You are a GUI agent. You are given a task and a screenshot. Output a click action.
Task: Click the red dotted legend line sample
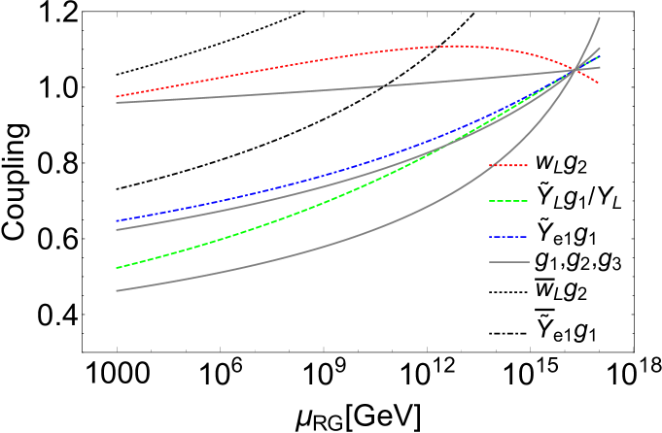tap(508, 166)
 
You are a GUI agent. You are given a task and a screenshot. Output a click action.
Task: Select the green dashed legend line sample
tap(508, 201)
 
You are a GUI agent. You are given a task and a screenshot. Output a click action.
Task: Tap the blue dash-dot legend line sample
tap(508, 237)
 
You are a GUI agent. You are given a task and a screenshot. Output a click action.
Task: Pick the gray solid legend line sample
tap(509, 262)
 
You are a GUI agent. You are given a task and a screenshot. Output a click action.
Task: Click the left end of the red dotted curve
tap(117, 97)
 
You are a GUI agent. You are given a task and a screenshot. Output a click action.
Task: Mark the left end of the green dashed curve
tap(117, 267)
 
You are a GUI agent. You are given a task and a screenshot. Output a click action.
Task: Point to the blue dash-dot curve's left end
tap(117, 221)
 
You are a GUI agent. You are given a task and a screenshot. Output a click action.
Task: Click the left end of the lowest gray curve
tap(117, 290)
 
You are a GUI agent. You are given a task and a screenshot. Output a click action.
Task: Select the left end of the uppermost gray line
tap(117, 102)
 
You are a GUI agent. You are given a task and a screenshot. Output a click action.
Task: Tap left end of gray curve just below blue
tap(117, 229)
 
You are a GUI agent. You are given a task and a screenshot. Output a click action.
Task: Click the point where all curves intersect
tap(577, 69)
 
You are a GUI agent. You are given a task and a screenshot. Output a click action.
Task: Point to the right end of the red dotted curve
tap(599, 84)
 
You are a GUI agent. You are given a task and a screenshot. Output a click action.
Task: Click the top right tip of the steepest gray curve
tap(599, 17)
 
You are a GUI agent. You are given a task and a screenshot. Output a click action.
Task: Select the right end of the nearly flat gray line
tap(600, 67)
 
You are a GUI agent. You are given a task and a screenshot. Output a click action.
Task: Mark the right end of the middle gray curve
tap(600, 49)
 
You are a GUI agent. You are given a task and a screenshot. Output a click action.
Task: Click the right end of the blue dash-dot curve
tap(600, 56)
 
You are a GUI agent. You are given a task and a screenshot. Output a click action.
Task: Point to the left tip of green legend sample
tap(489, 201)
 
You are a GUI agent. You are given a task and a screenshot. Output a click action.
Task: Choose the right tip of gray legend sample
tap(530, 262)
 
